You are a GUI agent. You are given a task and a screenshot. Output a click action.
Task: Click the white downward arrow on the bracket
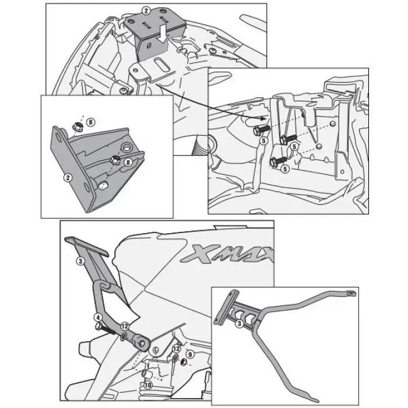point(163,34)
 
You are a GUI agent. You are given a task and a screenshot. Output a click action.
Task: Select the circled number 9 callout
point(190,354)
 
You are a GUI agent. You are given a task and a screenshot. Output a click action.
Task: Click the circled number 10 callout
point(148,385)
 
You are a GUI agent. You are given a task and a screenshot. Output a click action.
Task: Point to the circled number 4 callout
point(98,318)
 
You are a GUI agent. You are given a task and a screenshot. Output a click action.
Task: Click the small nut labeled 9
point(184,362)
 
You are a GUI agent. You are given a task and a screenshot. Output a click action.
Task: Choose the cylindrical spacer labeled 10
point(145,374)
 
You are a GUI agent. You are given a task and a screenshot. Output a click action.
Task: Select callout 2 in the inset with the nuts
point(68,178)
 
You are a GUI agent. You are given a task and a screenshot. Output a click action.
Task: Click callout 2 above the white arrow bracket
point(146,11)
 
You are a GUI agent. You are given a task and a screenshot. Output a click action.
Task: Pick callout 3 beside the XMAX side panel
point(80,261)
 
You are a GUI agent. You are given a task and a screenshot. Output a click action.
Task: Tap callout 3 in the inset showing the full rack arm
point(239,323)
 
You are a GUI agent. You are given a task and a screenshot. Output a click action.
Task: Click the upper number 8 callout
point(90,122)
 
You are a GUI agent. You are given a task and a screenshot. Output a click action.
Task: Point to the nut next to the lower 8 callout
point(115,159)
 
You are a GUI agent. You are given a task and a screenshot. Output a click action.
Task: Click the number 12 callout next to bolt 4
point(125,326)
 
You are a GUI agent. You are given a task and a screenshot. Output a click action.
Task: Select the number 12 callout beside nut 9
point(177,349)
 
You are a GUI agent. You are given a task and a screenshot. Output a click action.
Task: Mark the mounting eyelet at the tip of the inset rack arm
point(351,294)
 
